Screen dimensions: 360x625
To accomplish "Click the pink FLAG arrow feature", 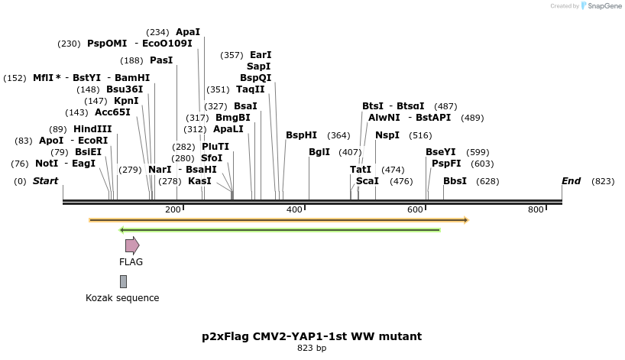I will pos(132,245).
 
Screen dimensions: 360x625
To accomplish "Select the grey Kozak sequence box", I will pos(123,281).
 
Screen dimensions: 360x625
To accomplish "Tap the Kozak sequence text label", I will pos(122,298).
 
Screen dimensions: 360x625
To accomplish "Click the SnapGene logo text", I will pos(603,6).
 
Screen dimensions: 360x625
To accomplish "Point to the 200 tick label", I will pos(173,209).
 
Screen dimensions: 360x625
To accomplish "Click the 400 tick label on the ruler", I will pos(294,209).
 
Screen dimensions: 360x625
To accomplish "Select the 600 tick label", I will pos(415,209).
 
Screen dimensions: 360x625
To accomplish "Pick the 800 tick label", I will pos(536,209).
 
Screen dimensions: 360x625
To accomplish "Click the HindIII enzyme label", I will pos(92,129).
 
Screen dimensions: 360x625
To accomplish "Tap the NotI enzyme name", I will pos(47,164).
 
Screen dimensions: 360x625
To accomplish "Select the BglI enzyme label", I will pos(319,152).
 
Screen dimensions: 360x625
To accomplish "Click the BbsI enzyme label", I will pos(455,181).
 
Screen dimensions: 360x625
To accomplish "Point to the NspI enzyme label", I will pos(387,135).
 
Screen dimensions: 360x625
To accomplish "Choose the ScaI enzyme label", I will pos(368,181).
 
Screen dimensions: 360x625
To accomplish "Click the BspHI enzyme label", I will pos(301,135).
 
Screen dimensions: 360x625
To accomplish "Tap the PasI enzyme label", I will pos(161,60).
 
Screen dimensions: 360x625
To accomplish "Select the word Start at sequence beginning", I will pos(45,181).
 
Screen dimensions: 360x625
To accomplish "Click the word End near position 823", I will pos(571,181).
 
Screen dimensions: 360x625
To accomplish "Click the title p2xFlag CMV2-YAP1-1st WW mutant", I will pos(312,336).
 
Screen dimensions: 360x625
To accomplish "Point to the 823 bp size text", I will pos(312,349).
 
